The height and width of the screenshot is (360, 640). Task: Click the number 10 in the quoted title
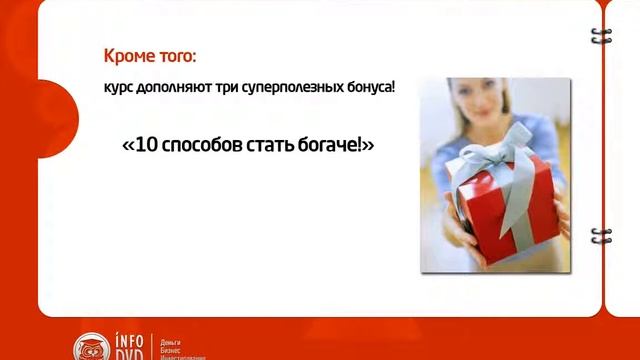click(146, 145)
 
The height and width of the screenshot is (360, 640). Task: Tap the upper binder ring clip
click(600, 36)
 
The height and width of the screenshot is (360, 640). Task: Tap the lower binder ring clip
click(600, 236)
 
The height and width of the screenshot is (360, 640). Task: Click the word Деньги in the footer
click(171, 341)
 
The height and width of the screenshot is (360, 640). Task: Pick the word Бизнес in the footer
click(171, 349)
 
